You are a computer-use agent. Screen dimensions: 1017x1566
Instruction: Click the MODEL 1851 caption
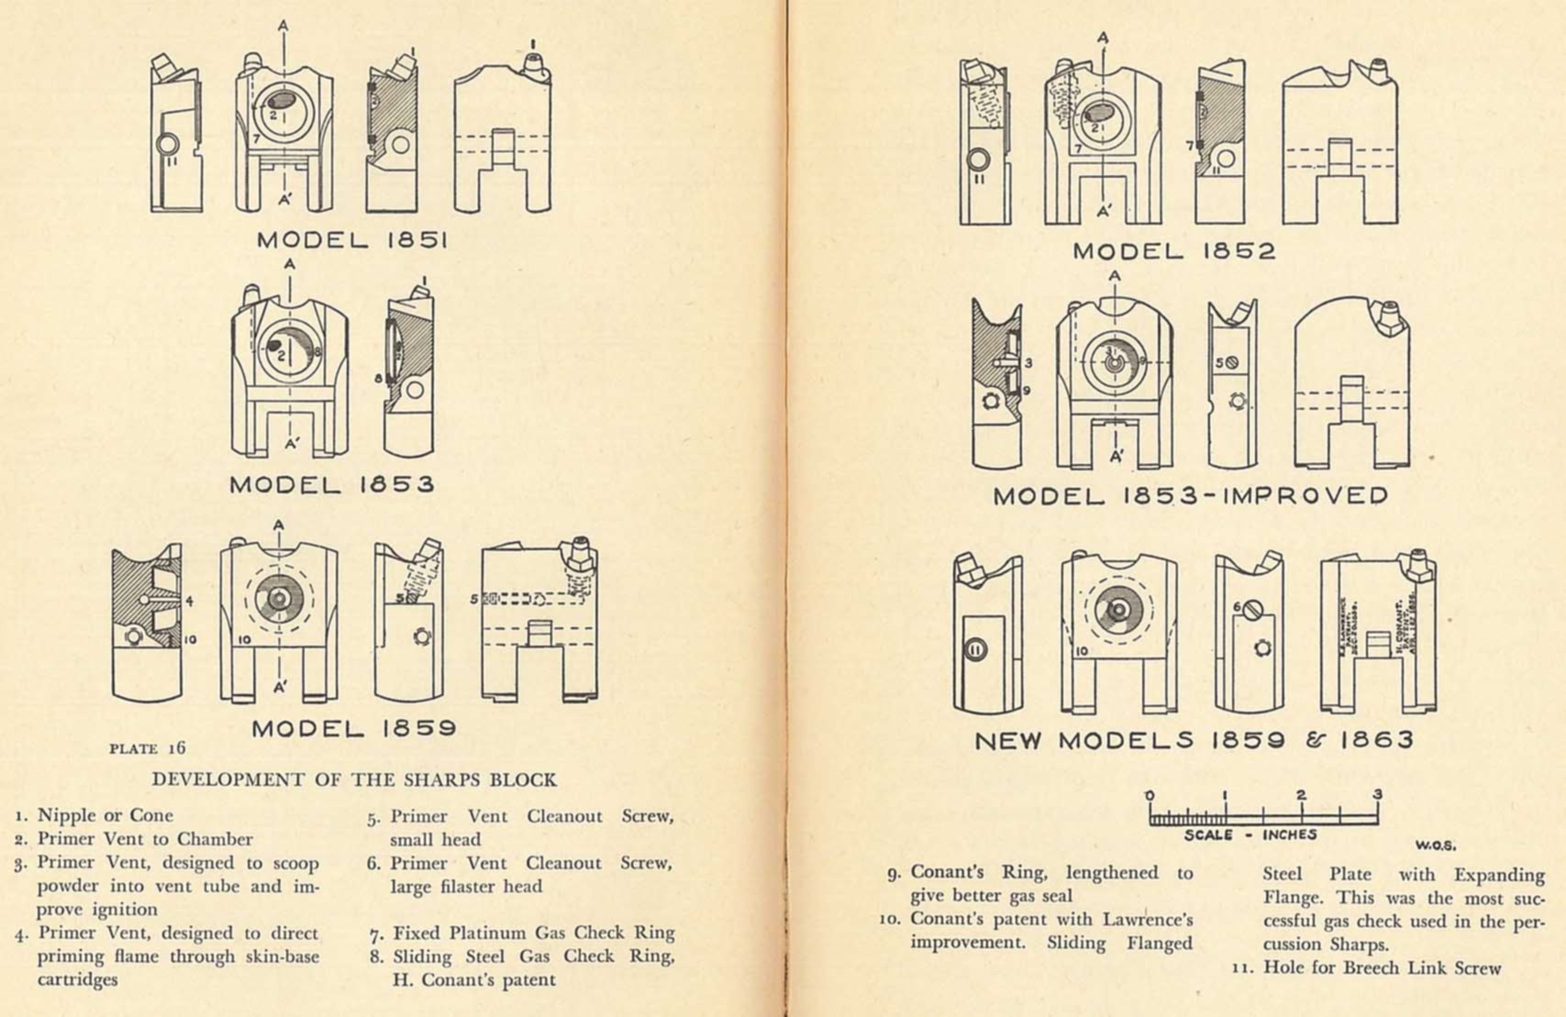pyautogui.click(x=351, y=241)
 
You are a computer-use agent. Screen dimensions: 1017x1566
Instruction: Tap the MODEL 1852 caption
pyautogui.click(x=1173, y=251)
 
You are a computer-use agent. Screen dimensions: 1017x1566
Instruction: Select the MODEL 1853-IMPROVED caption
pyautogui.click(x=1190, y=496)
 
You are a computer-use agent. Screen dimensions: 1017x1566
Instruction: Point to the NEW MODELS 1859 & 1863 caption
pyautogui.click(x=1194, y=740)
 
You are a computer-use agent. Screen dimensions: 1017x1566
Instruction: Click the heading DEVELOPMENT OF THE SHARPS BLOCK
pyautogui.click(x=354, y=780)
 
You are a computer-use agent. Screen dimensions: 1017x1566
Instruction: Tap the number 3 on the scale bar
pyautogui.click(x=1377, y=795)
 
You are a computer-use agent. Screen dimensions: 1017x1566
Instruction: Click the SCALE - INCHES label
pyautogui.click(x=1250, y=835)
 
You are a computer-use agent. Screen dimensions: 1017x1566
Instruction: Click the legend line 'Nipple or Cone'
pyautogui.click(x=105, y=815)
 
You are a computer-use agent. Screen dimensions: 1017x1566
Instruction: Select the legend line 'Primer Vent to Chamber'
pyautogui.click(x=144, y=839)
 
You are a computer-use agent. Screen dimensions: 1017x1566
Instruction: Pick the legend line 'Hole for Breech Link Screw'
pyautogui.click(x=1382, y=967)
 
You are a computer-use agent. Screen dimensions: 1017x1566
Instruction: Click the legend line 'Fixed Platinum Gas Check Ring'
pyautogui.click(x=534, y=934)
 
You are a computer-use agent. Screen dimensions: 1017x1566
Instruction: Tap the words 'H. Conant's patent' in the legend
pyautogui.click(x=474, y=979)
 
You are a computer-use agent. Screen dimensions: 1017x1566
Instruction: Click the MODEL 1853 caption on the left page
pyautogui.click(x=331, y=484)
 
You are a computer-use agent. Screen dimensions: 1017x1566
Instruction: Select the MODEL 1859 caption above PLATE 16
pyautogui.click(x=353, y=729)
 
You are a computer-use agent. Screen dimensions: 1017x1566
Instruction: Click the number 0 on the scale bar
pyautogui.click(x=1150, y=795)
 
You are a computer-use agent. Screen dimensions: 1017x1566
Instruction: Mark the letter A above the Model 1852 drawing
pyautogui.click(x=1103, y=38)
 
